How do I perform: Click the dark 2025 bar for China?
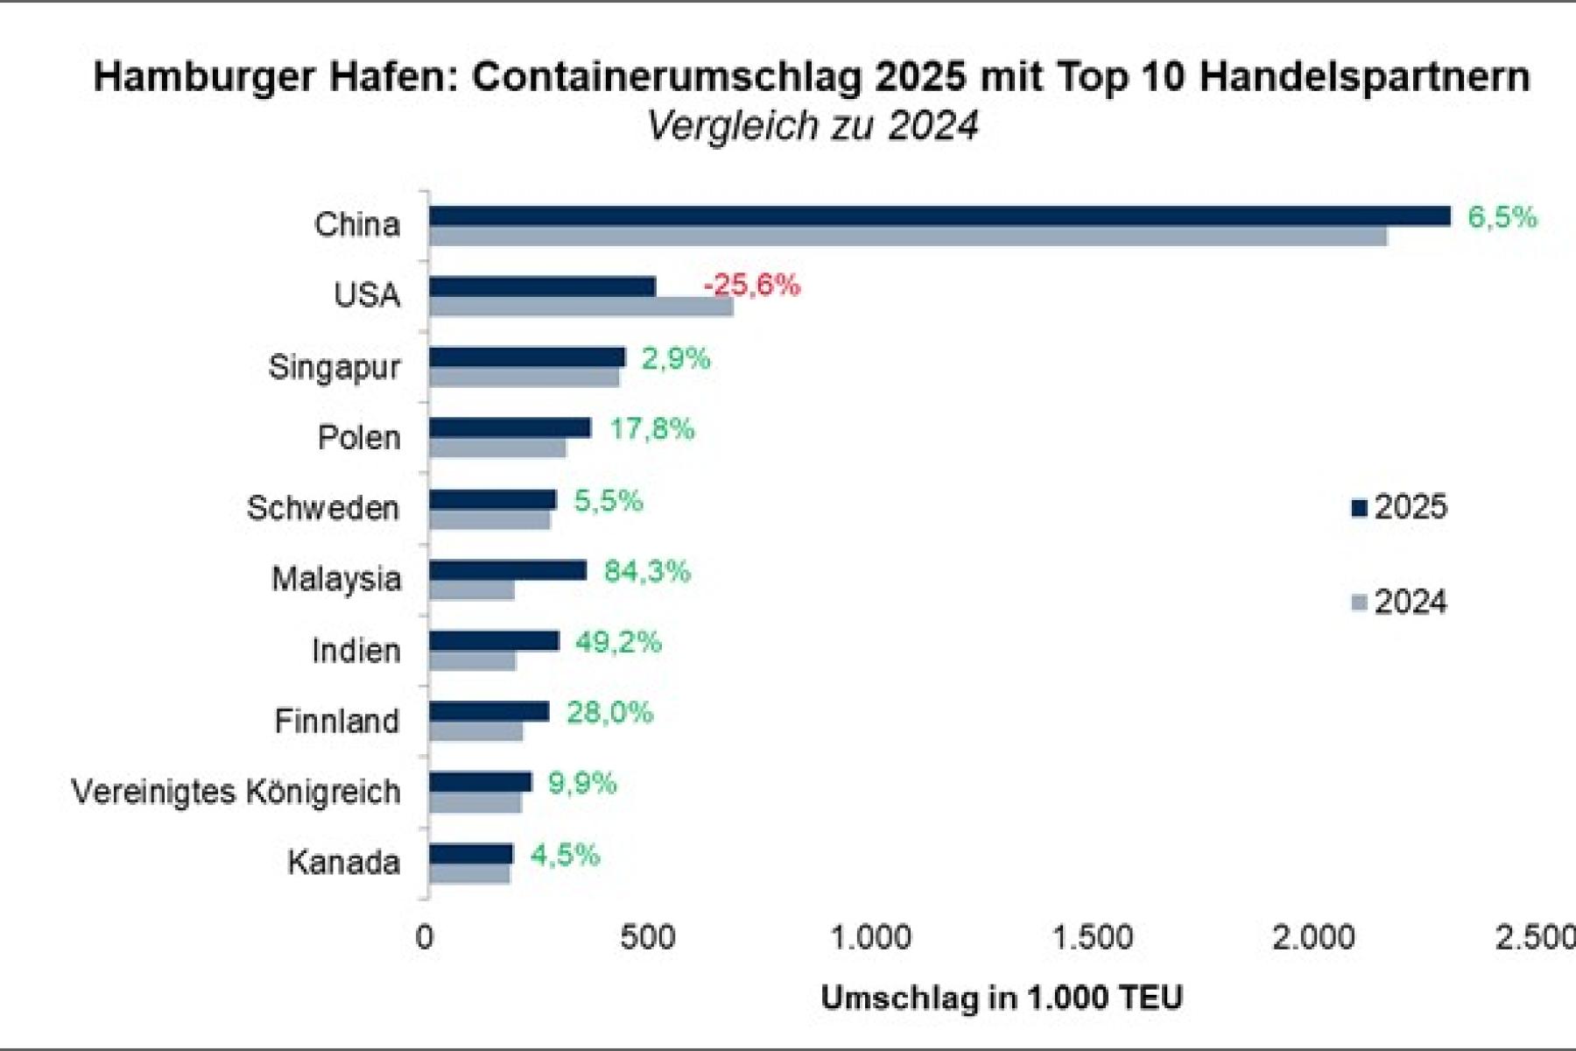(939, 216)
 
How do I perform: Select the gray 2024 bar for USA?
(580, 307)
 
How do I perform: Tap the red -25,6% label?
(752, 285)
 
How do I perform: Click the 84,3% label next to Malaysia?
(647, 571)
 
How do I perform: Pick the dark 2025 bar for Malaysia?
(508, 570)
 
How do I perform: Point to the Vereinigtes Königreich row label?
(236, 792)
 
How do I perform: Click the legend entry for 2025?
(1399, 507)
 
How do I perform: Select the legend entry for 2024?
(1399, 603)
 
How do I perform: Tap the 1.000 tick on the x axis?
(870, 938)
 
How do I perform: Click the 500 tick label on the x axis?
(647, 938)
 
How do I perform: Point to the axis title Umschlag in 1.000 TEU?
(1002, 998)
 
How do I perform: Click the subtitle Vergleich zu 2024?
(812, 125)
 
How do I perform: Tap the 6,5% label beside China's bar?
(1502, 217)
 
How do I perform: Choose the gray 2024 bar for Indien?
(473, 661)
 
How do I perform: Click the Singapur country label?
(334, 367)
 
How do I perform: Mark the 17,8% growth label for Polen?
(651, 429)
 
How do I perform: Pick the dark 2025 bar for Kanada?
(471, 854)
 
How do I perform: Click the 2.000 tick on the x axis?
(1313, 938)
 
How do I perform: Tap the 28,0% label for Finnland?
(609, 713)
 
